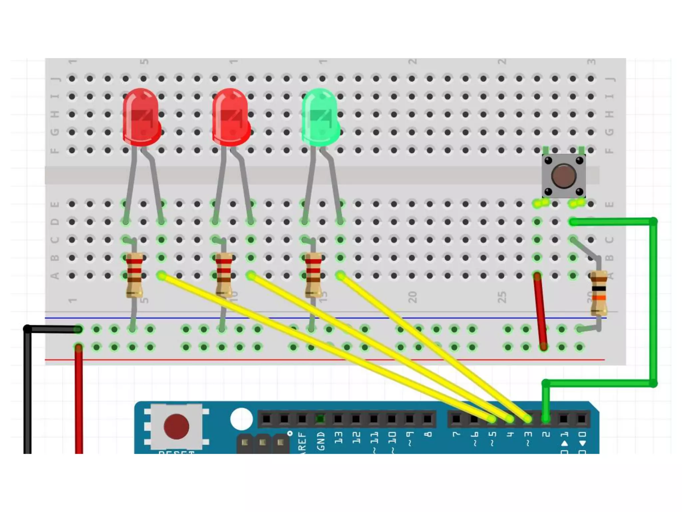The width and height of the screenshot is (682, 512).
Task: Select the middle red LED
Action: (231, 117)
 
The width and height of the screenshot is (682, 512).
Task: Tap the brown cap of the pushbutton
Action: (563, 175)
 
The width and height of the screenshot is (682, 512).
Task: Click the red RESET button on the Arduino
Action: (176, 426)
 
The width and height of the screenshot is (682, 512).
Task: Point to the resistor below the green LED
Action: (313, 275)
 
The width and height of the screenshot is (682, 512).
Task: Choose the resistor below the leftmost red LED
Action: (134, 275)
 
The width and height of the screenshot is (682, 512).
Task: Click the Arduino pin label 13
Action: (338, 437)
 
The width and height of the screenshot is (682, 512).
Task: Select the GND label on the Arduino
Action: (321, 441)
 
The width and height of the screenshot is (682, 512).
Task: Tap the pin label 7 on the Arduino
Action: (456, 434)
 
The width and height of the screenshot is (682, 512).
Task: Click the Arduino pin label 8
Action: (429, 434)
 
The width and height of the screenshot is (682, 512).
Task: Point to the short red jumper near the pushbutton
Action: (540, 311)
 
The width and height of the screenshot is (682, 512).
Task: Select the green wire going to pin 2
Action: (653, 300)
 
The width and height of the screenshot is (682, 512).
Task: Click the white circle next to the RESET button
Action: (241, 419)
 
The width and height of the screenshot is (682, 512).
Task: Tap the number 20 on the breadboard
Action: (412, 297)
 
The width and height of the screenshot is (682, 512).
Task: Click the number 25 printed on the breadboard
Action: (502, 297)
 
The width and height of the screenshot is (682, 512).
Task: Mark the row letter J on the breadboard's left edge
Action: (55, 79)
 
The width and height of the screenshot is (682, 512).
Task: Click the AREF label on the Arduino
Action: (302, 441)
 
